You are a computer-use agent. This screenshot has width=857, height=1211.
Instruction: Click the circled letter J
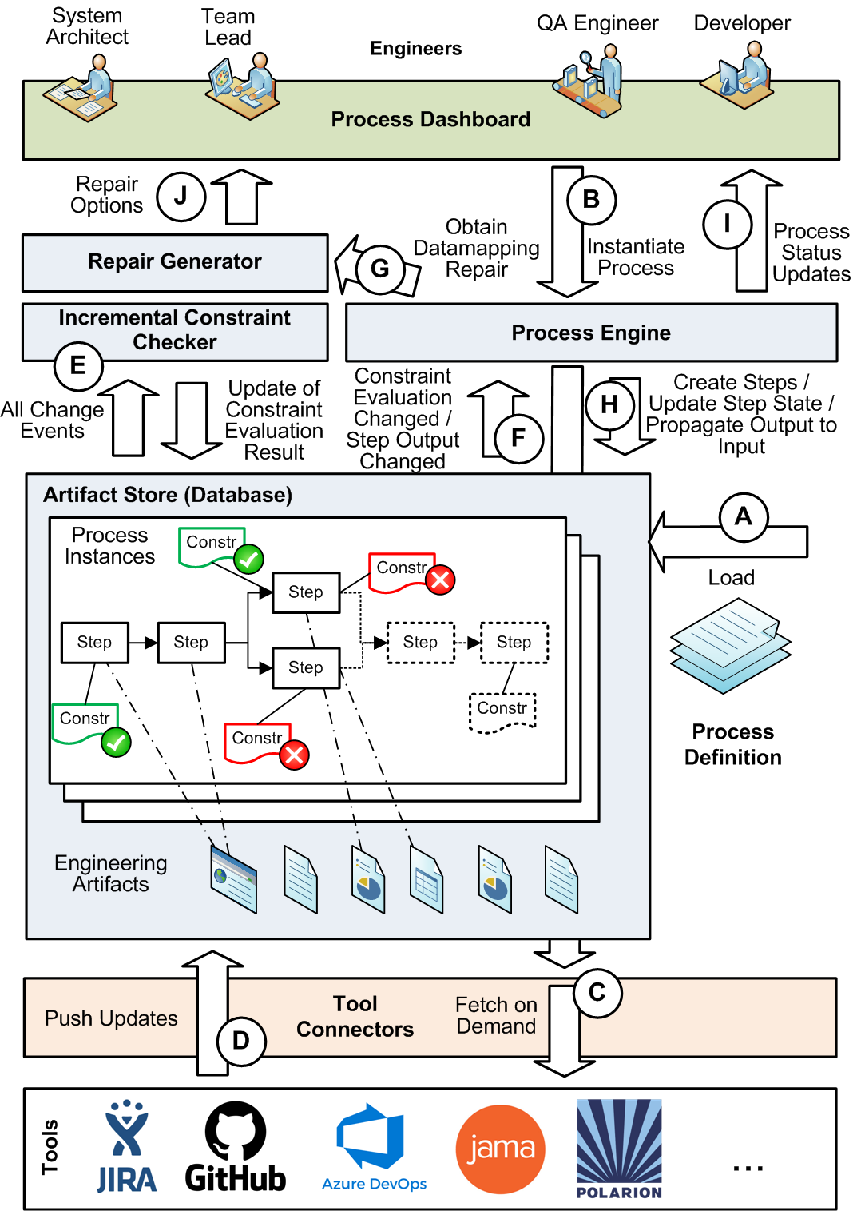tap(181, 196)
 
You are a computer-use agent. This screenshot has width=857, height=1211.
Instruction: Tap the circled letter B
tap(592, 200)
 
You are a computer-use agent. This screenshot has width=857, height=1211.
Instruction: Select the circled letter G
tap(380, 269)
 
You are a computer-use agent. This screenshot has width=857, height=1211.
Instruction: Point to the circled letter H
tap(609, 404)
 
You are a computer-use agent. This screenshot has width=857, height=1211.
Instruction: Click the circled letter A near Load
tap(744, 517)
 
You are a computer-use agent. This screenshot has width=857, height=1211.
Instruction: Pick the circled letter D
tap(241, 1041)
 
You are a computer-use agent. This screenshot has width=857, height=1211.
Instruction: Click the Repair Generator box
tap(175, 263)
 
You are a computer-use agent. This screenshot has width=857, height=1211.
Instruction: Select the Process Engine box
tap(591, 333)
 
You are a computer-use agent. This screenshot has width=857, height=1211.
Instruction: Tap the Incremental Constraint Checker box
tap(175, 332)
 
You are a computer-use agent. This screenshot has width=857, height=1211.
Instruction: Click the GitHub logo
tap(235, 1147)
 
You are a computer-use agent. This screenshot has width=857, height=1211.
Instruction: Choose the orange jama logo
tap(500, 1149)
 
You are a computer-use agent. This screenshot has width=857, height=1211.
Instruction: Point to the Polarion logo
tap(619, 1149)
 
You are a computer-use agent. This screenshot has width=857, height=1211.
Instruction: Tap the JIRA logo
tap(127, 1146)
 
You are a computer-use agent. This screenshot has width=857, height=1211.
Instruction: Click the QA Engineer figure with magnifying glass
tap(589, 80)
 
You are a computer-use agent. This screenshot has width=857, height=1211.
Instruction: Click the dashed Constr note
tap(502, 712)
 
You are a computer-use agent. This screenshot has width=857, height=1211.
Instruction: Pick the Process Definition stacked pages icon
tap(731, 646)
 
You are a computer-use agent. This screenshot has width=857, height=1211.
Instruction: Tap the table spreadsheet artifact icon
tap(427, 879)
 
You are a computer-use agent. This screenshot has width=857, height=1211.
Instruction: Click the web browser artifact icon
tap(233, 879)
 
